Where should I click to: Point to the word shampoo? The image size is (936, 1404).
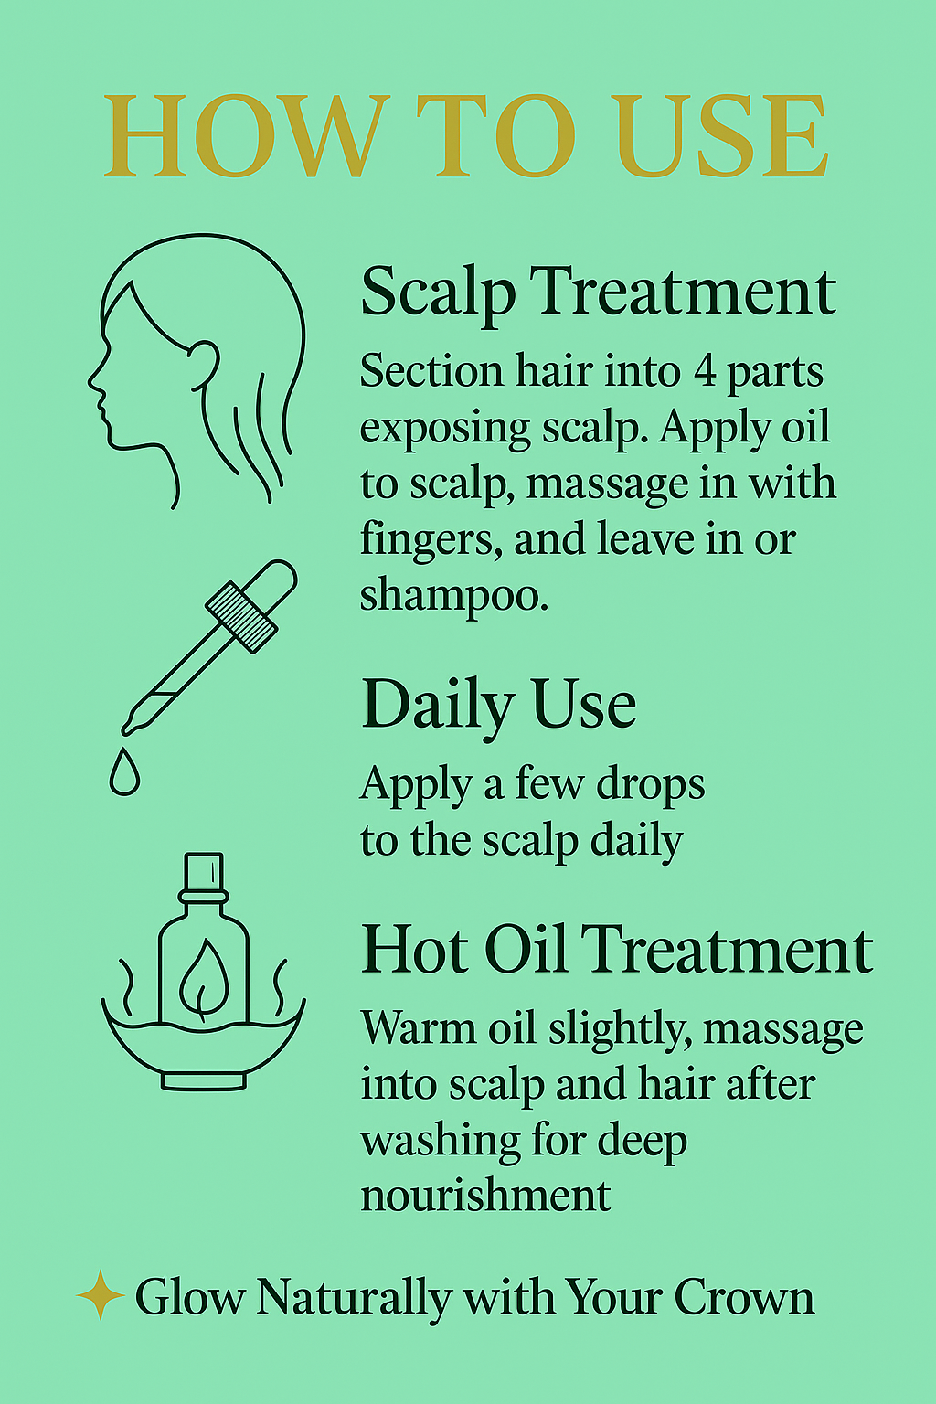click(x=454, y=596)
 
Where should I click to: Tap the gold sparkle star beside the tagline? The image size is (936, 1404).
click(x=101, y=1294)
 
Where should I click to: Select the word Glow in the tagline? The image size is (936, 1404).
click(x=189, y=1297)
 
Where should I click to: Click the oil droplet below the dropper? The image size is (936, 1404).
click(x=124, y=771)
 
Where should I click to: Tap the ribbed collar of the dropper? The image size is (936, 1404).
click(x=241, y=617)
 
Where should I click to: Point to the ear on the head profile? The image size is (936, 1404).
click(x=205, y=366)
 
